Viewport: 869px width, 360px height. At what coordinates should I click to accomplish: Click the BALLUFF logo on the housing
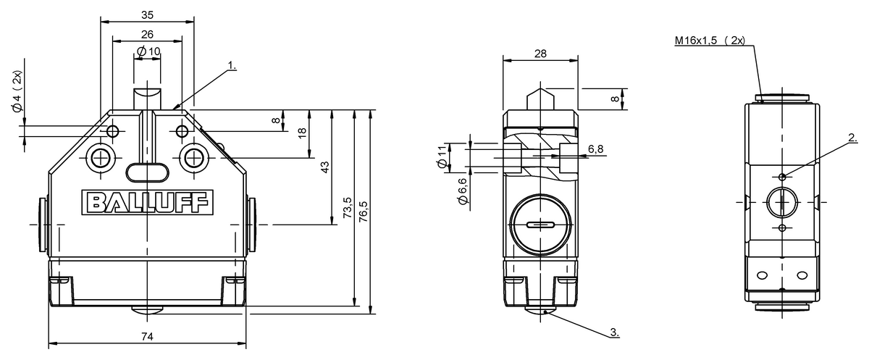[x=148, y=202]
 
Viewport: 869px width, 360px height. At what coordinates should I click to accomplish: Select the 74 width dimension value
[x=148, y=336]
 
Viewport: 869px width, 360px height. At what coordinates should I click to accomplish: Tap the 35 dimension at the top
[x=148, y=14]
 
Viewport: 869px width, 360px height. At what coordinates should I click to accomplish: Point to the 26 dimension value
[x=148, y=34]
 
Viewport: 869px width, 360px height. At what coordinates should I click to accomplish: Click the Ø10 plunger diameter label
[x=148, y=51]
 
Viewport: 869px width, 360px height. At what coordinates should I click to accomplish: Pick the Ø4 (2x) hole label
[x=17, y=92]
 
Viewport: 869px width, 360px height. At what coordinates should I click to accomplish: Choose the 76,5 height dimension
[x=364, y=212]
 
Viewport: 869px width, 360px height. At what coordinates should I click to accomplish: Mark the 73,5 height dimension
[x=348, y=208]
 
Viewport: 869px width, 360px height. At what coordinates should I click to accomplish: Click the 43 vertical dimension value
[x=325, y=167]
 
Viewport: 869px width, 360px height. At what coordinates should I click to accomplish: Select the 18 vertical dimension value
[x=302, y=133]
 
